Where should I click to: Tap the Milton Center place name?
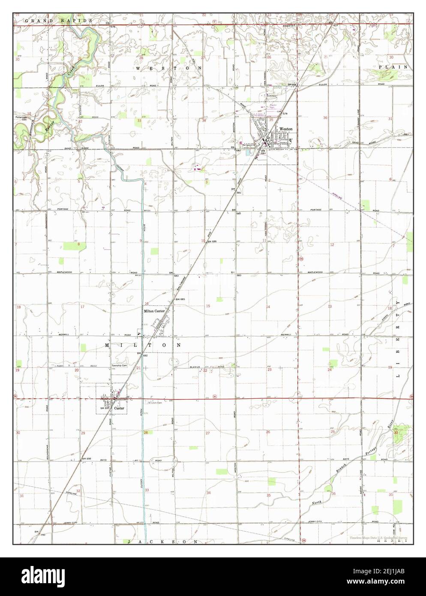pos(155,311)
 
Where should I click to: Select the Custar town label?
pos(119,409)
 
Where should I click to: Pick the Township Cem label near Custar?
pos(120,365)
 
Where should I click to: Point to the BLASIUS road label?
pos(195,367)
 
